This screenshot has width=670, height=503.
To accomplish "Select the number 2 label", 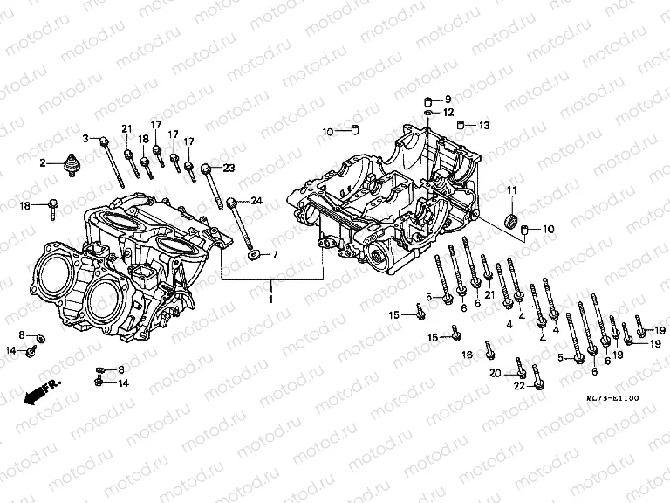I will (41, 162).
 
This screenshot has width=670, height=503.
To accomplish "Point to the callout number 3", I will (86, 139).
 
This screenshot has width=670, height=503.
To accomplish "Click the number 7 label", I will (273, 255).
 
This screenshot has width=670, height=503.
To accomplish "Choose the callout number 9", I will (448, 99).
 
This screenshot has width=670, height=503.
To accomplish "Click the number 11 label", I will (512, 190).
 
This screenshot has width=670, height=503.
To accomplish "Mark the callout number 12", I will (448, 113).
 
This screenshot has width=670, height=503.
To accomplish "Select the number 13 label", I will (484, 126).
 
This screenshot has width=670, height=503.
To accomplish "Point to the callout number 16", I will (467, 355).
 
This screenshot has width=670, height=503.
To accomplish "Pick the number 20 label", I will (495, 373).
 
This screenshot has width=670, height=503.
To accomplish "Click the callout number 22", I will (518, 386).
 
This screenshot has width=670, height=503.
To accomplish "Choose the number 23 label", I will (229, 168).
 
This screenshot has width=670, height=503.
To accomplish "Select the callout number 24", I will (256, 201).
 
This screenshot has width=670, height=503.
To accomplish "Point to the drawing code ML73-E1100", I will (612, 399).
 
